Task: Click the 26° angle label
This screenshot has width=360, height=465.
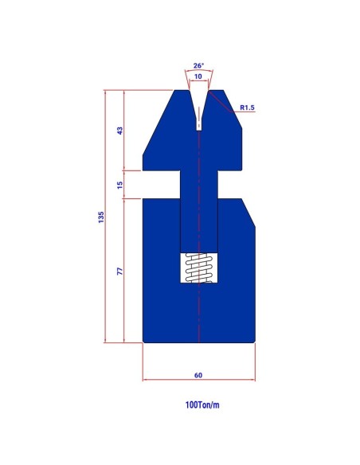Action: click(198, 66)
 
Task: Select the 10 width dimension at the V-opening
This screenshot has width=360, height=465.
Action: click(198, 77)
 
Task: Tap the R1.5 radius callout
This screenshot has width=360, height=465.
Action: click(247, 106)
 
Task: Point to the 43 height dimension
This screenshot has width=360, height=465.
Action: click(119, 131)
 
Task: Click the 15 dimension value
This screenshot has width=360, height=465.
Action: click(119, 185)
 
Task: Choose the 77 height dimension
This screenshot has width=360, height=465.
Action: click(119, 271)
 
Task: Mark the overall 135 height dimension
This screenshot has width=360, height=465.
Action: click(101, 217)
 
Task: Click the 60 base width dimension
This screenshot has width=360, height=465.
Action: click(198, 373)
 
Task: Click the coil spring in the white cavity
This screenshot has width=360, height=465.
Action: click(198, 268)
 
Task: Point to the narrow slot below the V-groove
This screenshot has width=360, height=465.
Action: click(198, 121)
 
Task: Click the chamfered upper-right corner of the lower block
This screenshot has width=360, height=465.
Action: click(248, 213)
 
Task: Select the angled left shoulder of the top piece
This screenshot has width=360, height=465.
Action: click(157, 124)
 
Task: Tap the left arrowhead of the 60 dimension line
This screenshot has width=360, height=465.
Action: click(145, 380)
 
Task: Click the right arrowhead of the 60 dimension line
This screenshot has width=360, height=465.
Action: click(252, 380)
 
